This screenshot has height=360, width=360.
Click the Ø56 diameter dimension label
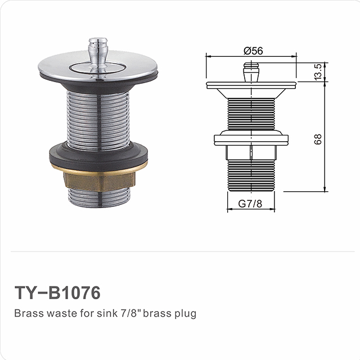[254, 50]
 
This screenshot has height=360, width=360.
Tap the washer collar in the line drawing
[251, 137]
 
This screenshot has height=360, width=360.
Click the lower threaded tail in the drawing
[251, 174]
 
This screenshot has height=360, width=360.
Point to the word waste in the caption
[58, 313]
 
